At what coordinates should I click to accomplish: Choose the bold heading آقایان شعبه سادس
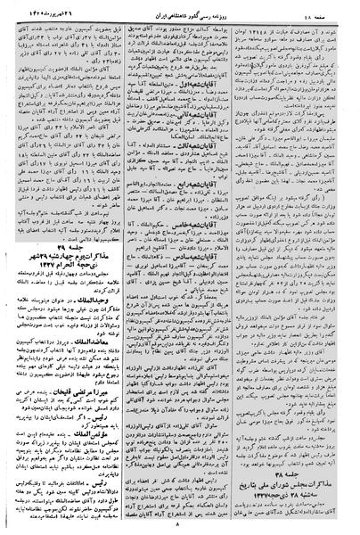tap(201, 304)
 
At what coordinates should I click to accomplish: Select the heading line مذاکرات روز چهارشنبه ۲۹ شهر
tap(63, 281)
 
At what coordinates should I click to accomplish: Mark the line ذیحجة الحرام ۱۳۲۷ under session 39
tap(63, 292)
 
